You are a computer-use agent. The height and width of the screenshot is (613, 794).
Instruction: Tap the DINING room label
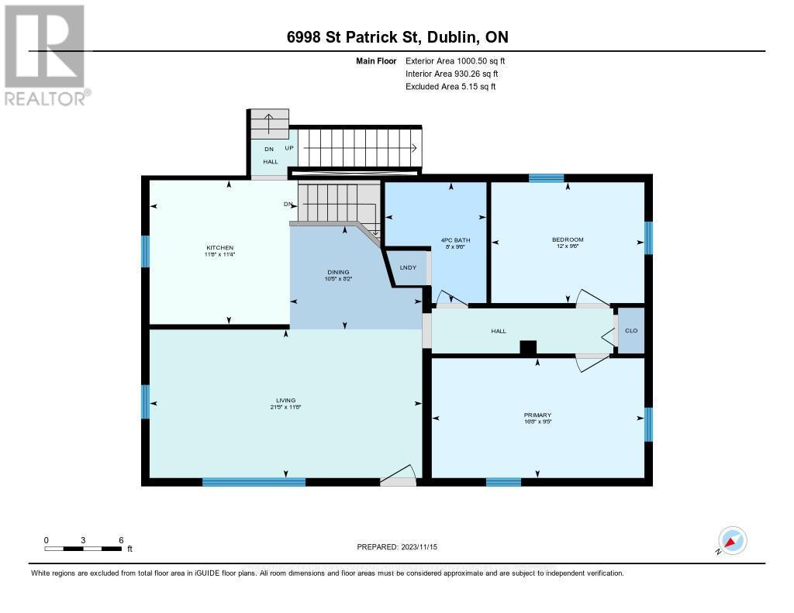pos(338,272)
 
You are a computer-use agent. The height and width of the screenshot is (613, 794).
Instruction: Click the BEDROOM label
pos(568,239)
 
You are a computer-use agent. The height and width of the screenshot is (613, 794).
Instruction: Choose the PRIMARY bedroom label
pos(537,415)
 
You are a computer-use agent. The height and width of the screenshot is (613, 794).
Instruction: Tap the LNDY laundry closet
pos(408,267)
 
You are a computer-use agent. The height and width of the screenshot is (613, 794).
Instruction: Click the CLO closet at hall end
pos(631,331)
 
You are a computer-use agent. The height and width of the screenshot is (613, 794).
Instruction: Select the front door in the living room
pos(399,477)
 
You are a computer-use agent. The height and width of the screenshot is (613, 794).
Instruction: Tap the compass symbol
pos(732,540)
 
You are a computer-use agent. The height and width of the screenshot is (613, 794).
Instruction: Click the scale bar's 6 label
pos(120,540)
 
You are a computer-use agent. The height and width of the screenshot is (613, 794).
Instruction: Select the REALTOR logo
pos(45,55)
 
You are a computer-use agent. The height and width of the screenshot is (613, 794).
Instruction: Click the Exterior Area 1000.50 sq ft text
pos(455,60)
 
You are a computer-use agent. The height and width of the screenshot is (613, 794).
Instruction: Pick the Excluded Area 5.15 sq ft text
pos(451,87)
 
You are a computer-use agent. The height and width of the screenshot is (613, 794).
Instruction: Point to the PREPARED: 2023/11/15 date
pos(396,546)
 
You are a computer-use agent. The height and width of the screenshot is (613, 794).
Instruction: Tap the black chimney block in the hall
pos(528,349)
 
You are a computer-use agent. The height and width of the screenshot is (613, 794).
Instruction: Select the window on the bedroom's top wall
pos(546,178)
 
